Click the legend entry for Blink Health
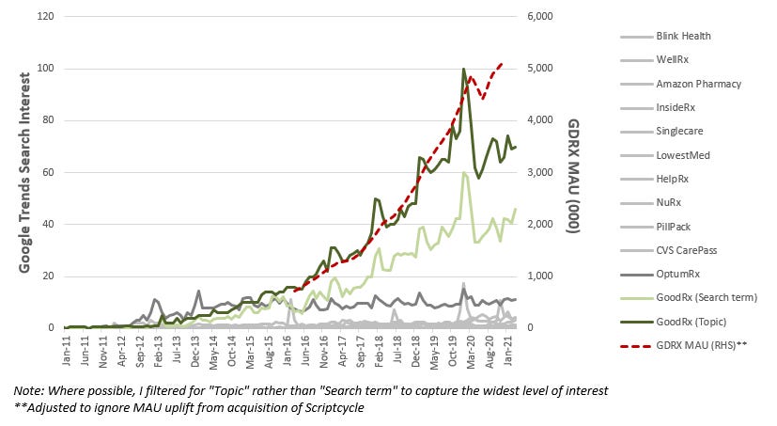683,36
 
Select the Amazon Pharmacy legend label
699,84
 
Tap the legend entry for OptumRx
678,275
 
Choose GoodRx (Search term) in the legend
707,297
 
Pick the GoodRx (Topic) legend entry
692,322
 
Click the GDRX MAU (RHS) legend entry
702,345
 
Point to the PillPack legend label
674,227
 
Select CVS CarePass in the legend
687,250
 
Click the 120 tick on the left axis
46,16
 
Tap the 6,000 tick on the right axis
540,16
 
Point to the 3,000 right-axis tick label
540,172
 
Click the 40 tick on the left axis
48,224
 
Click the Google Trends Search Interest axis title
24,173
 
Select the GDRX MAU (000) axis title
573,176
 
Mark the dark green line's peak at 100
463,69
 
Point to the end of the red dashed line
503,64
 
